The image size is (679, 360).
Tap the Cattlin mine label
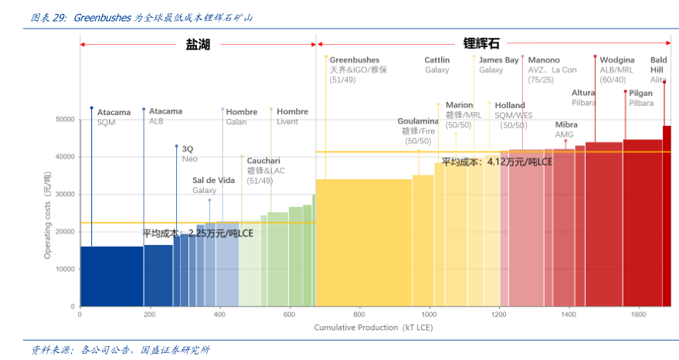click(437, 59)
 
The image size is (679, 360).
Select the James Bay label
click(498, 59)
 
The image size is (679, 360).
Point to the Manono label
click(544, 59)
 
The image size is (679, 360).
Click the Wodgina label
click(616, 59)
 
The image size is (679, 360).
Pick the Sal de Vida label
click(213, 180)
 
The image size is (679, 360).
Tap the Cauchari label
click(263, 161)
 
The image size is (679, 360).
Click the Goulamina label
click(418, 121)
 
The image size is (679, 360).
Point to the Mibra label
click(565, 124)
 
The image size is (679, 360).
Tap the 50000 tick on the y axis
click(64, 120)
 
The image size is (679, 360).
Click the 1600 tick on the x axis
click(638, 315)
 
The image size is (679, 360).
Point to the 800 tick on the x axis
click(359, 315)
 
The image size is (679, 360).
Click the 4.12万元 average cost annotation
click(497, 162)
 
